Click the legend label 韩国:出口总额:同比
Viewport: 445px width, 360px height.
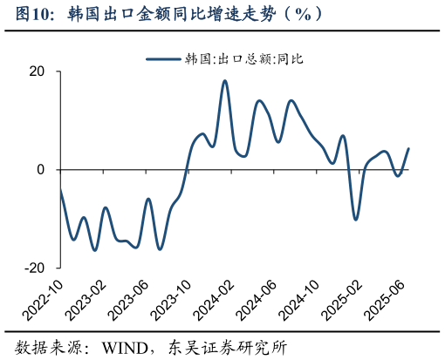click(243, 59)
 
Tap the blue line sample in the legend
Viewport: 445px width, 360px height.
click(163, 59)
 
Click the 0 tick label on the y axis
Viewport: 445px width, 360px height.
click(41, 170)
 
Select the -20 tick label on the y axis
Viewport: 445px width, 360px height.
click(34, 268)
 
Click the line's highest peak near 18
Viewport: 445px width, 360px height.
click(225, 81)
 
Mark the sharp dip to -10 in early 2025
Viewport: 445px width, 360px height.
click(355, 219)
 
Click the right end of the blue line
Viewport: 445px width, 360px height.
click(408, 149)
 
